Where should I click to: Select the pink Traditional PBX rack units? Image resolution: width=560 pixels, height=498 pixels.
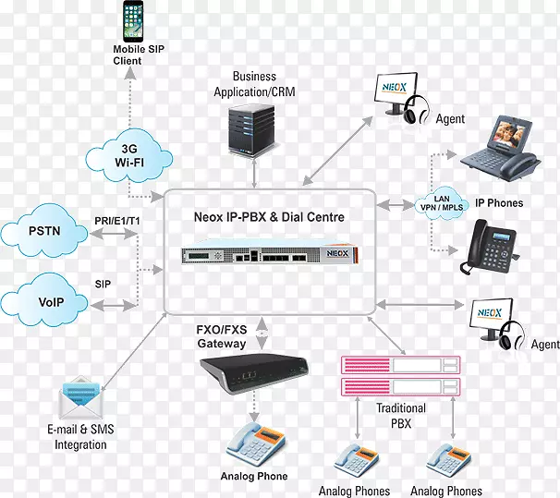click(401, 375)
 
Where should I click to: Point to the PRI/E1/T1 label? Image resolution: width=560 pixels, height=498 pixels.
click(118, 221)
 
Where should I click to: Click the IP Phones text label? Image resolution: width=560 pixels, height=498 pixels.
click(499, 203)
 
